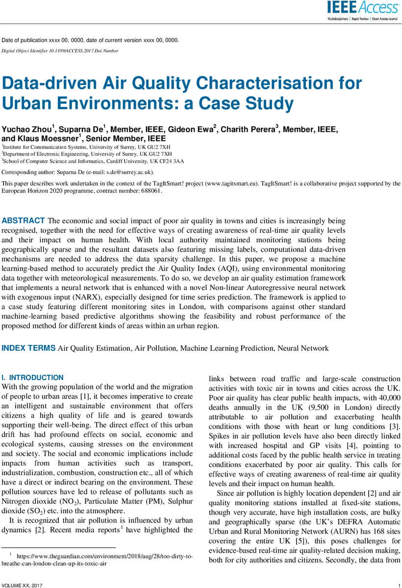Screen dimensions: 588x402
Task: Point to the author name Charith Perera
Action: (x=248, y=129)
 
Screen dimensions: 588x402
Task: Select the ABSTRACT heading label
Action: (x=24, y=220)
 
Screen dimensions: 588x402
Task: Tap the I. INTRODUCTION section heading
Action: (x=32, y=378)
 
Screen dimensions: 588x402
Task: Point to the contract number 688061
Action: (x=150, y=191)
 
